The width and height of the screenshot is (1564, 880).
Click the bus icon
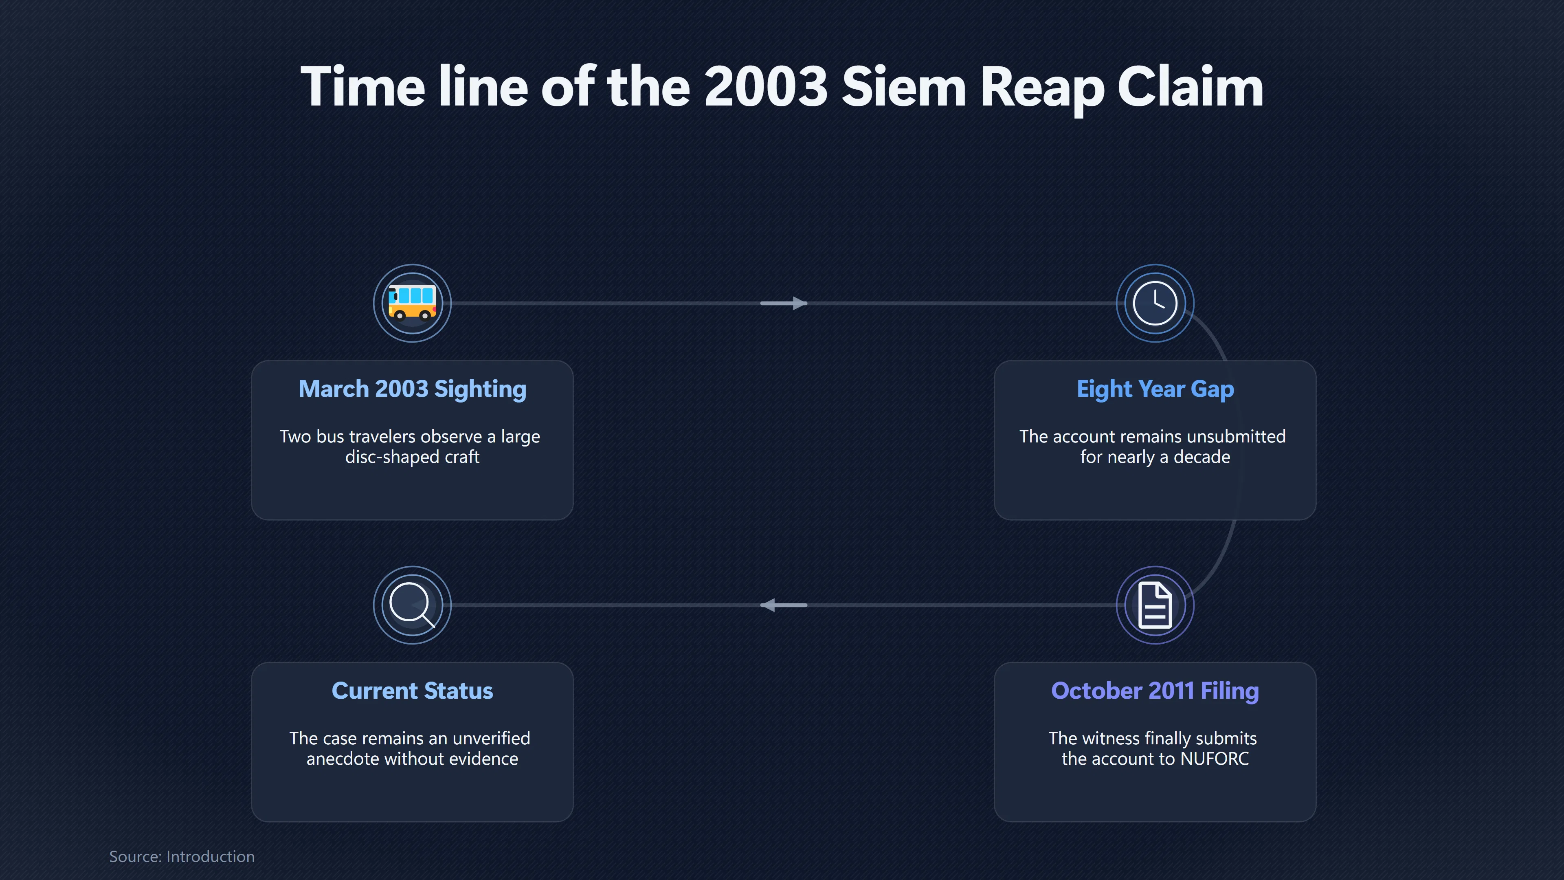pos(412,302)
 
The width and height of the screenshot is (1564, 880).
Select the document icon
pos(1155,605)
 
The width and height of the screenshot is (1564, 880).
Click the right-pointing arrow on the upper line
pos(784,303)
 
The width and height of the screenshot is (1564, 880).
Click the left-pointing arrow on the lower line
pos(784,605)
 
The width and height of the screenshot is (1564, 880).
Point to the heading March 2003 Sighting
pos(412,389)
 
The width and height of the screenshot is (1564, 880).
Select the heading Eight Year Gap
pos(1155,389)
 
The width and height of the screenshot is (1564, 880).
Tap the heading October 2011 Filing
pos(1155,691)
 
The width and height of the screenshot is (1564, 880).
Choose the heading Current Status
pos(412,691)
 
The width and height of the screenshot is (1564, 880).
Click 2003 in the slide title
pos(766,87)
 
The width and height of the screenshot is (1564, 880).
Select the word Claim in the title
pos(1191,87)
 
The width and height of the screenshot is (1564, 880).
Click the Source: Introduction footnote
pos(182,856)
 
